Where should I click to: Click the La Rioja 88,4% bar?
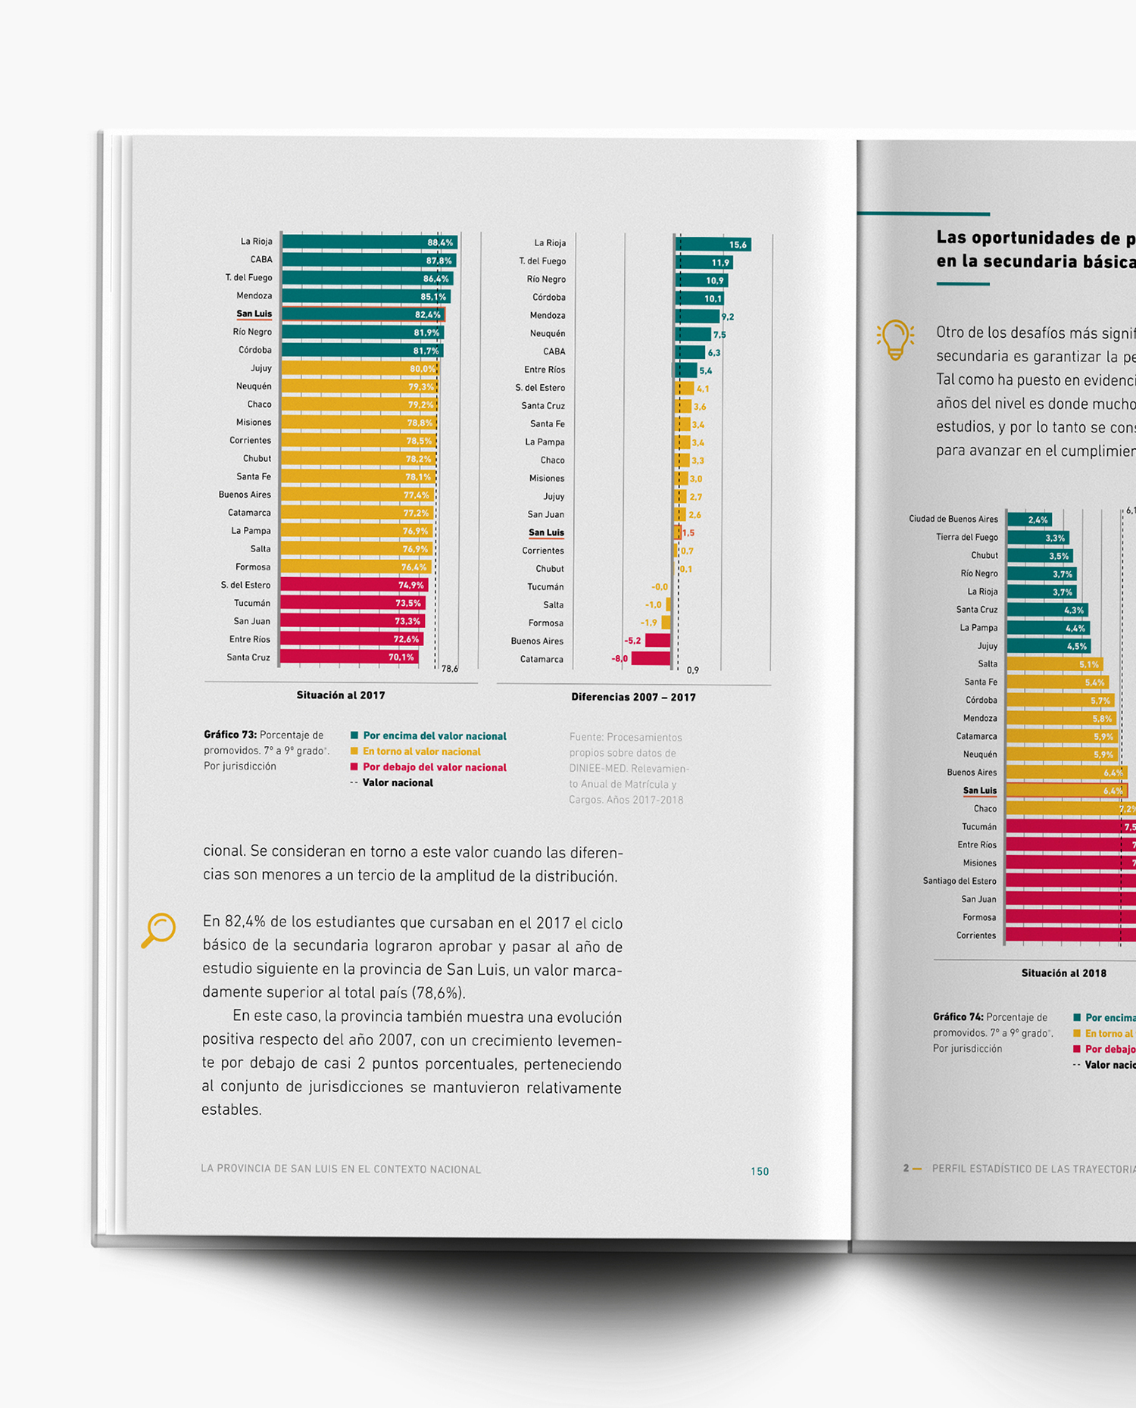point(369,242)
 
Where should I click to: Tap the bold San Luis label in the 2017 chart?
point(254,314)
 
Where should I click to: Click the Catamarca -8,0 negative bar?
point(651,658)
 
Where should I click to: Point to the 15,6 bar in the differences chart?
point(712,244)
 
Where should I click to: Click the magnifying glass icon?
point(158,929)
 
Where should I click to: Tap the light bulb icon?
point(895,339)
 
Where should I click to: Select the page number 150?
point(760,1171)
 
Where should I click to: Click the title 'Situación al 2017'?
point(341,695)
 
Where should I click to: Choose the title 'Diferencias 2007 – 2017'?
point(633,697)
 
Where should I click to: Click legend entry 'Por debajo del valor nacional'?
point(434,767)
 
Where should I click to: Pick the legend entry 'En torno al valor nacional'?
point(421,751)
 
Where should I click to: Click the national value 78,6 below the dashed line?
point(450,669)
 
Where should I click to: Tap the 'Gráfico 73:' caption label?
point(230,735)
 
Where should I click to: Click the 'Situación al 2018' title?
point(1063,973)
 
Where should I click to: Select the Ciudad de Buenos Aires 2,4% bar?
point(1028,520)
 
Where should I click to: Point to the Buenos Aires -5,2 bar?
point(657,641)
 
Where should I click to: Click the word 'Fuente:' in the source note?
point(585,737)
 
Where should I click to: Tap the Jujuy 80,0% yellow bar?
point(359,369)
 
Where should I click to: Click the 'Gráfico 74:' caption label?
point(958,1017)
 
